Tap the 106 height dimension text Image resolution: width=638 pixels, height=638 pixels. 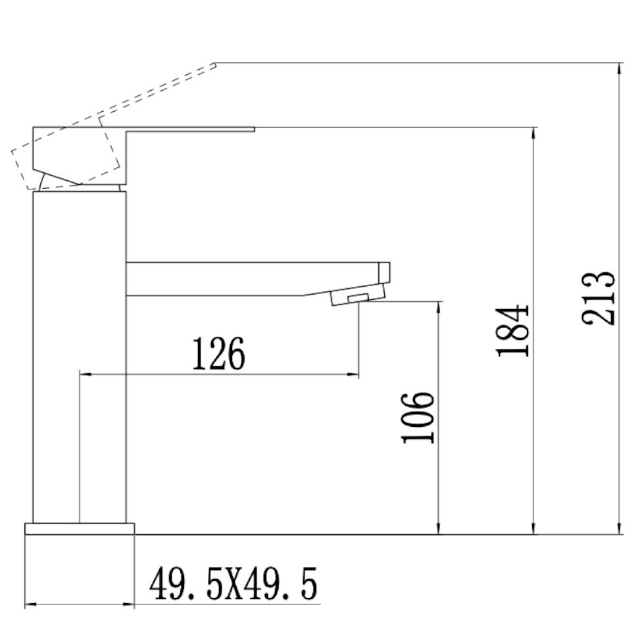(418, 418)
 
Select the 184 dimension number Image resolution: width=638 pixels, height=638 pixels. (514, 330)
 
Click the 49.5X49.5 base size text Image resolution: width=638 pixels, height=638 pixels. (233, 585)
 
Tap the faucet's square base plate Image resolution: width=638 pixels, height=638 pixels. (80, 529)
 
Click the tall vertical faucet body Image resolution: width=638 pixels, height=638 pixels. (80, 355)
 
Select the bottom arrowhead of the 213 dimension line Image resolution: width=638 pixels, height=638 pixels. (620, 529)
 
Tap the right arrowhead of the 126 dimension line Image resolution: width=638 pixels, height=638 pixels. (355, 375)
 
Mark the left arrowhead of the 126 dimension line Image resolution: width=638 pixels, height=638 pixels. (84, 375)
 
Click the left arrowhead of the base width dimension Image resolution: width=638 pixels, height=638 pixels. (30, 604)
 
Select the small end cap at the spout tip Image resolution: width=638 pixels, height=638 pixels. (385, 271)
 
